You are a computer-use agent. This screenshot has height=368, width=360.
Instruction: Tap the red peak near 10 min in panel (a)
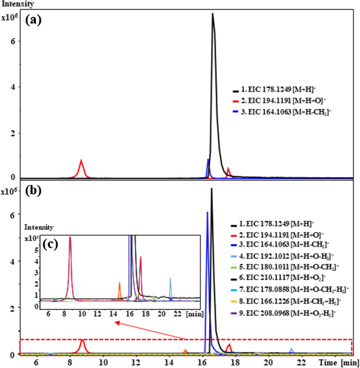tap(81, 163)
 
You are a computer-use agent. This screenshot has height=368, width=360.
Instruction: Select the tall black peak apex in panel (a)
tap(213, 15)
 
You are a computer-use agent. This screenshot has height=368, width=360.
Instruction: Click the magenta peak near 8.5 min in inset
tap(70, 239)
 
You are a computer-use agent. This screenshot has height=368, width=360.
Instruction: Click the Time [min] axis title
tap(327, 362)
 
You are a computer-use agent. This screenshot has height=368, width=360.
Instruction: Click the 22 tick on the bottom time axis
tap(301, 362)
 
